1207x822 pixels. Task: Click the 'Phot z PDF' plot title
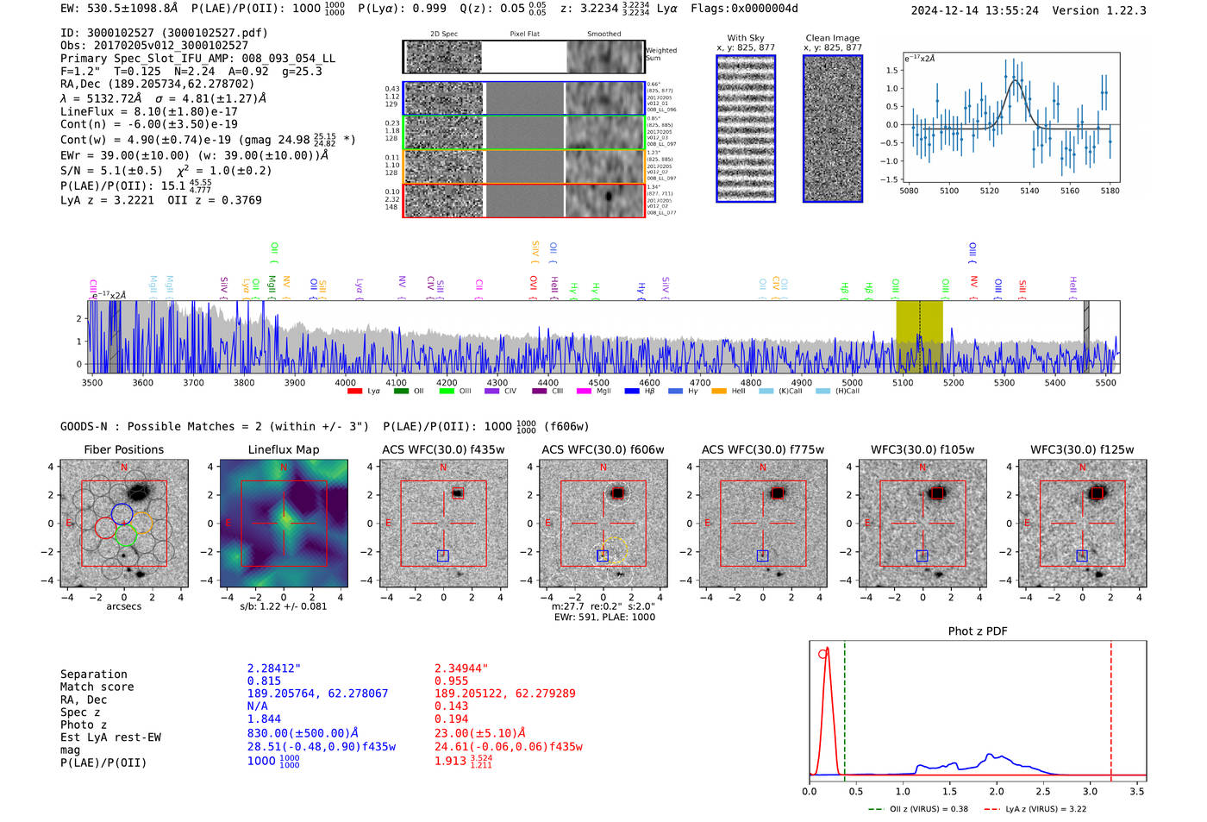[x=978, y=631]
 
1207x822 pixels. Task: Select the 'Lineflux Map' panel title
[x=283, y=449]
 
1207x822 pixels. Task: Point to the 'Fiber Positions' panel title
[x=123, y=449]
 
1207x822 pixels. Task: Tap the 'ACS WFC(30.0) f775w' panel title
[x=762, y=449]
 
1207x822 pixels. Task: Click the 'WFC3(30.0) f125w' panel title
[x=1082, y=449]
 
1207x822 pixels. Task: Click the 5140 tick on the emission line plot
[x=1029, y=191]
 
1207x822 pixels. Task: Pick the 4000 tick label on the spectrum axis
[x=345, y=383]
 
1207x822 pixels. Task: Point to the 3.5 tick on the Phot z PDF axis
[x=1137, y=791]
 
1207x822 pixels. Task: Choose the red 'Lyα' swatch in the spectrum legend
[x=354, y=392]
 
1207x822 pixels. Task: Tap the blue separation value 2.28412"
[x=274, y=668]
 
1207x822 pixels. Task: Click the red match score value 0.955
[x=451, y=681]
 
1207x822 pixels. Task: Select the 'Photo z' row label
[x=83, y=725]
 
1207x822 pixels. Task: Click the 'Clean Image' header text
[x=832, y=38]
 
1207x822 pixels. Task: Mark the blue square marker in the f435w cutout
[x=443, y=555]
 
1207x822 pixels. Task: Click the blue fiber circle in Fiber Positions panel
[x=122, y=513]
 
